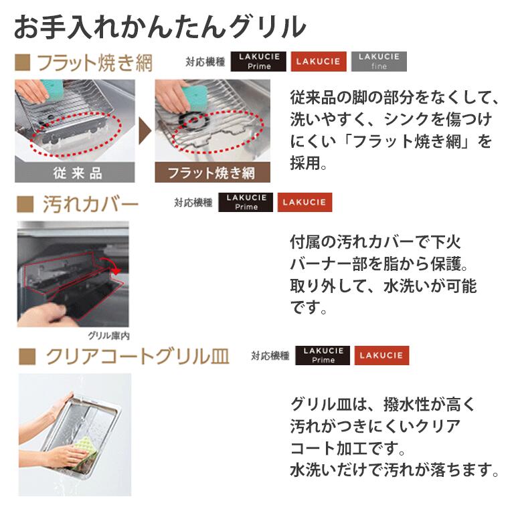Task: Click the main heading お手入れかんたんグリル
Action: click(160, 27)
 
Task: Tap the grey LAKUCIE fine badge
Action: click(379, 62)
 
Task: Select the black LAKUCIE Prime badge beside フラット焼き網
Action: click(258, 62)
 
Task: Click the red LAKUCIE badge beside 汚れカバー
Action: click(305, 202)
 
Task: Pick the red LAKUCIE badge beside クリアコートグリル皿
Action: click(381, 355)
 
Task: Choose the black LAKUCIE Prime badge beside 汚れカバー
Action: click(246, 202)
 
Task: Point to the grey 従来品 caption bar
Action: click(75, 173)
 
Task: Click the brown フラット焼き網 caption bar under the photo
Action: click(213, 173)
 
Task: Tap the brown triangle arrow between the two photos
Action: click(145, 130)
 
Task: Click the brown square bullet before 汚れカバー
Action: click(25, 204)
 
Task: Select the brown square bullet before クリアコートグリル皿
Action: click(27, 357)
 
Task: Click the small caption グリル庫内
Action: click(108, 335)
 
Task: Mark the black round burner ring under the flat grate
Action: click(194, 120)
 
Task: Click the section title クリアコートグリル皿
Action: click(137, 357)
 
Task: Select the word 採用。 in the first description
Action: click(309, 163)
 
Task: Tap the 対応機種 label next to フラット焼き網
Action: click(205, 62)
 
